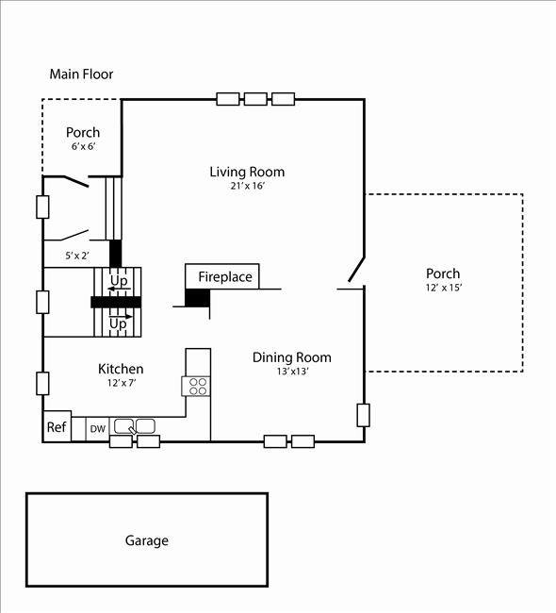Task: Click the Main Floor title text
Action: point(81,74)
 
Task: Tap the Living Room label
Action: point(247,172)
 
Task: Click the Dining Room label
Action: point(291,357)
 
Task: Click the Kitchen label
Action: point(122,369)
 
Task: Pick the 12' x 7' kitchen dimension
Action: point(123,383)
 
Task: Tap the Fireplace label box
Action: point(224,276)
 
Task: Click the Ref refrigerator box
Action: point(57,426)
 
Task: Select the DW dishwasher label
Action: point(98,428)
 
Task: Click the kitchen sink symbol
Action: point(134,427)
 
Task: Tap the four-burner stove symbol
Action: point(198,385)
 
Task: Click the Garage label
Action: point(147,540)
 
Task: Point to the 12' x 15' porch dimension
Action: point(443,288)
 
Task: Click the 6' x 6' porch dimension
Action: point(82,147)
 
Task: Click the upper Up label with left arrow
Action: point(119,282)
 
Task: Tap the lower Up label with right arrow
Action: point(118,323)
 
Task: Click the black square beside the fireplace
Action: point(197,298)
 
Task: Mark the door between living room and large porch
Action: point(355,270)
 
